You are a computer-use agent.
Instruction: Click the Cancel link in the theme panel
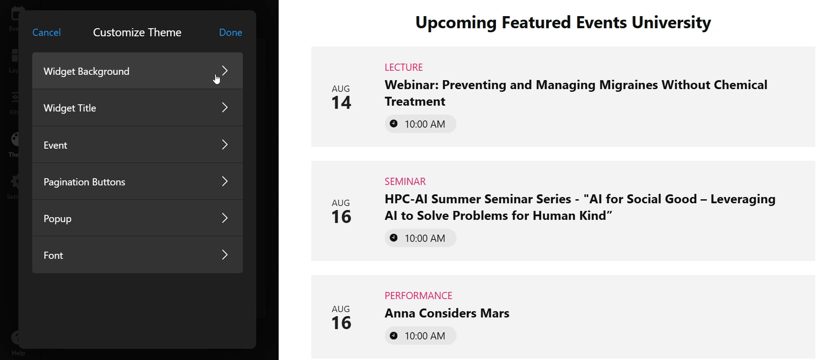click(x=47, y=32)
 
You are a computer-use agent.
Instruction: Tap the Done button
click(x=231, y=32)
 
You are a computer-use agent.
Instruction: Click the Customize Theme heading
click(x=137, y=32)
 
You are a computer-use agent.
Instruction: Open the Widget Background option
click(x=138, y=71)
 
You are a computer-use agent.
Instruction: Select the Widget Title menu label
click(x=70, y=108)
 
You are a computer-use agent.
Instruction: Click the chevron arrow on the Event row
click(x=225, y=145)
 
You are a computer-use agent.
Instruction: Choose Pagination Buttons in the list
click(x=84, y=182)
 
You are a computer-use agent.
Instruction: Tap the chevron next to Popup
click(x=225, y=218)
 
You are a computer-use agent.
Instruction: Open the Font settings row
click(x=138, y=255)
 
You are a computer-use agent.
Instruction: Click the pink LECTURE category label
click(x=404, y=67)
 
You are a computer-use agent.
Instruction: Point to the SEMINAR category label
click(x=405, y=181)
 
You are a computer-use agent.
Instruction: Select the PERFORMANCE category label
click(x=418, y=296)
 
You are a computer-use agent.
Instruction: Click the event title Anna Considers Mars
click(x=447, y=313)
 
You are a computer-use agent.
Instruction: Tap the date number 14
click(x=341, y=103)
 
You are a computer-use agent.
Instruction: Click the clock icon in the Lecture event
click(x=394, y=124)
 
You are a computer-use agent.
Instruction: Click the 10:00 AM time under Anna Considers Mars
click(x=425, y=336)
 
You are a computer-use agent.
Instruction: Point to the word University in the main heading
click(x=671, y=22)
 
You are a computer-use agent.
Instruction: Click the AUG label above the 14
click(x=341, y=89)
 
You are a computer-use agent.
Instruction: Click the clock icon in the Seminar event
click(x=394, y=238)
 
